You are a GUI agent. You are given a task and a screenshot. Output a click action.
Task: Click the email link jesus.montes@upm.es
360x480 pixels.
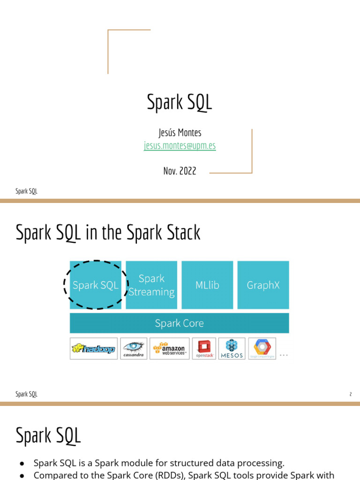(180, 146)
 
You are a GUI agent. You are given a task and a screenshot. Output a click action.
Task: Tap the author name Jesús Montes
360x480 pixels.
(180, 133)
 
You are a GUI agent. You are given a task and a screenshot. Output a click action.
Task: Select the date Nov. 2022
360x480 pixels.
(180, 171)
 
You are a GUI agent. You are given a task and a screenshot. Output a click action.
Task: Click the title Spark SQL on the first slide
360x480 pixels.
(180, 102)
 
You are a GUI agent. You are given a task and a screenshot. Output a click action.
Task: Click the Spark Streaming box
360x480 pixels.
(151, 285)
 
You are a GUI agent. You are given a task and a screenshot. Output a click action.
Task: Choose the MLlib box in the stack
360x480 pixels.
(207, 285)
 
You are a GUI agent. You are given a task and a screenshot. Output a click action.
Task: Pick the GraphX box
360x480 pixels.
(263, 285)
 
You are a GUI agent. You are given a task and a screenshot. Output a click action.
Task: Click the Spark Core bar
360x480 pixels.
(179, 323)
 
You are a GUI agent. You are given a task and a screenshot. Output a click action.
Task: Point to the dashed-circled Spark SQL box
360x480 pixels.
(96, 285)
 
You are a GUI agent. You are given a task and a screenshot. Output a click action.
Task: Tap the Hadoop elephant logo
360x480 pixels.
(93, 349)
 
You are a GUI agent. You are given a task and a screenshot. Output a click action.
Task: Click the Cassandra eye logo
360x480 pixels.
(134, 348)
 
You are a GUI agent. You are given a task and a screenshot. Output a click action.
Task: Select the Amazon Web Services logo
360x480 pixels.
(170, 349)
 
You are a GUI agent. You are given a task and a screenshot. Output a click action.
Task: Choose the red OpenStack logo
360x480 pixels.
(204, 348)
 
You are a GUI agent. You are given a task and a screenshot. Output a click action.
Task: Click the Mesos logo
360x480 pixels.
(232, 348)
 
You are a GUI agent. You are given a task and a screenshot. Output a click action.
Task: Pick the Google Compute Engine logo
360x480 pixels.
(262, 348)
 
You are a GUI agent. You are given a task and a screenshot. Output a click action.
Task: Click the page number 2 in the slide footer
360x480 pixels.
(350, 394)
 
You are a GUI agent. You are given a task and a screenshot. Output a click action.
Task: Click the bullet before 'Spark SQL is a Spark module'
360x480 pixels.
(22, 463)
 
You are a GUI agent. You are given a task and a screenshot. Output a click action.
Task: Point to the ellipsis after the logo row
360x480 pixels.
(284, 355)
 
